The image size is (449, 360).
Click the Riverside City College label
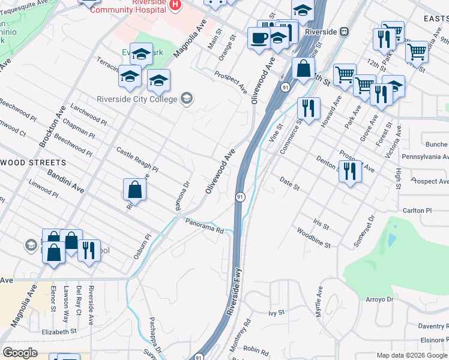(x=137, y=99)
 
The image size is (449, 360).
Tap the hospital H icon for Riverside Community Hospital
(x=175, y=5)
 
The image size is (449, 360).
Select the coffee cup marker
(x=259, y=39)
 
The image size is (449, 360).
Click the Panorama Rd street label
(x=203, y=224)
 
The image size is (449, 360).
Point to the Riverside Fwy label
(x=234, y=293)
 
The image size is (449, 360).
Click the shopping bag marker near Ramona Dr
(x=135, y=191)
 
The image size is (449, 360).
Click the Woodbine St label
(x=313, y=237)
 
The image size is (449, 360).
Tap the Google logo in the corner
(x=20, y=353)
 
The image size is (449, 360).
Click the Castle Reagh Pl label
(x=137, y=160)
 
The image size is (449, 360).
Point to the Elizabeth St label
(x=59, y=331)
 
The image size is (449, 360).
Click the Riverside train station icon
(x=344, y=31)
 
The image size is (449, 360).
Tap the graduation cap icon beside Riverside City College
(x=187, y=98)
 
